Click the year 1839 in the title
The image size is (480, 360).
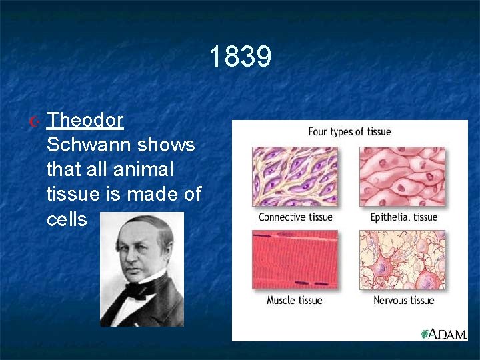[240, 57]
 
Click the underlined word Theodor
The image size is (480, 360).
[85, 120]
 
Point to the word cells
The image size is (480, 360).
[67, 219]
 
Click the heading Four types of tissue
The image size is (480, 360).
[349, 131]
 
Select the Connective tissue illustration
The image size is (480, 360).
[295, 177]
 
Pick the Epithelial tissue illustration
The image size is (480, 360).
[403, 177]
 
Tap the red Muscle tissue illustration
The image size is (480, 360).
[295, 260]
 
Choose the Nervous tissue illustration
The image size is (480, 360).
[403, 260]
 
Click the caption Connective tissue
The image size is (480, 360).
[295, 217]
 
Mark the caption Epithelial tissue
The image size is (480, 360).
[403, 217]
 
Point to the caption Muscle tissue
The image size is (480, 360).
[294, 300]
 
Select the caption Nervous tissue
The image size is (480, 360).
[403, 300]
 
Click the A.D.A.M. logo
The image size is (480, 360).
[443, 333]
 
